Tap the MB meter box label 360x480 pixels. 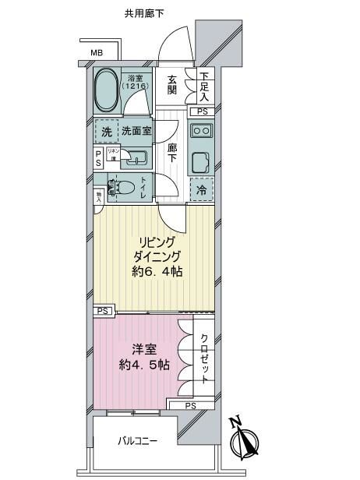click(97, 54)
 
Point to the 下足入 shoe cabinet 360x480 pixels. click(203, 86)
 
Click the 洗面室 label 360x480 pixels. click(136, 132)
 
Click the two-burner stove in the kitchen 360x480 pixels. click(202, 131)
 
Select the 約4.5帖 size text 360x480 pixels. click(143, 365)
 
